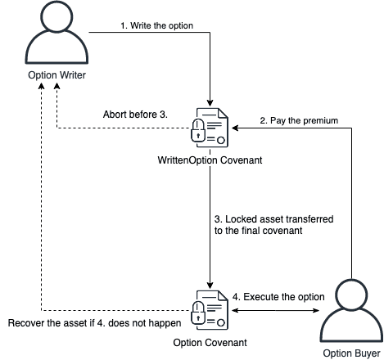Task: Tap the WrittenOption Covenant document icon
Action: click(210, 128)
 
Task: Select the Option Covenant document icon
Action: click(210, 310)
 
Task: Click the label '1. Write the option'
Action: click(157, 25)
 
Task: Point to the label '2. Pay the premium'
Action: click(299, 120)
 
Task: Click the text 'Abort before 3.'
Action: click(135, 115)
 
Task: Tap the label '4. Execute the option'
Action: click(278, 297)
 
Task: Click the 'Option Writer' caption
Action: click(56, 75)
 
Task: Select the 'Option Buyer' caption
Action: click(351, 353)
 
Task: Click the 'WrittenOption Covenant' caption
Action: click(210, 160)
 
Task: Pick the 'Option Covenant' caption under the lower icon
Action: click(210, 343)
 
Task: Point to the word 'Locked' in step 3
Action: click(241, 219)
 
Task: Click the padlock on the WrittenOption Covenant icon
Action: click(198, 131)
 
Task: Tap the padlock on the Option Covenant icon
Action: click(198, 313)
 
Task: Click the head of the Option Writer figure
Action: click(56, 17)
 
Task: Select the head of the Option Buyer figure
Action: click(351, 295)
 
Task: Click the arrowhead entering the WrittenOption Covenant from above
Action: click(210, 103)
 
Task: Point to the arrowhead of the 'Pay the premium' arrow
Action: click(235, 128)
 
